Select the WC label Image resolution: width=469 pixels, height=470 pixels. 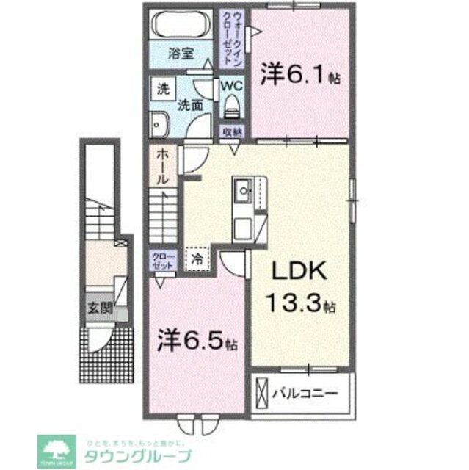pyautogui.click(x=233, y=85)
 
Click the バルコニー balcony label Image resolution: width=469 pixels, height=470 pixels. pyautogui.click(x=307, y=394)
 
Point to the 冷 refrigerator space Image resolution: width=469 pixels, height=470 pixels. pyautogui.click(x=197, y=258)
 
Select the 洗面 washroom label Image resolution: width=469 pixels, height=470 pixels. pyautogui.click(x=192, y=105)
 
